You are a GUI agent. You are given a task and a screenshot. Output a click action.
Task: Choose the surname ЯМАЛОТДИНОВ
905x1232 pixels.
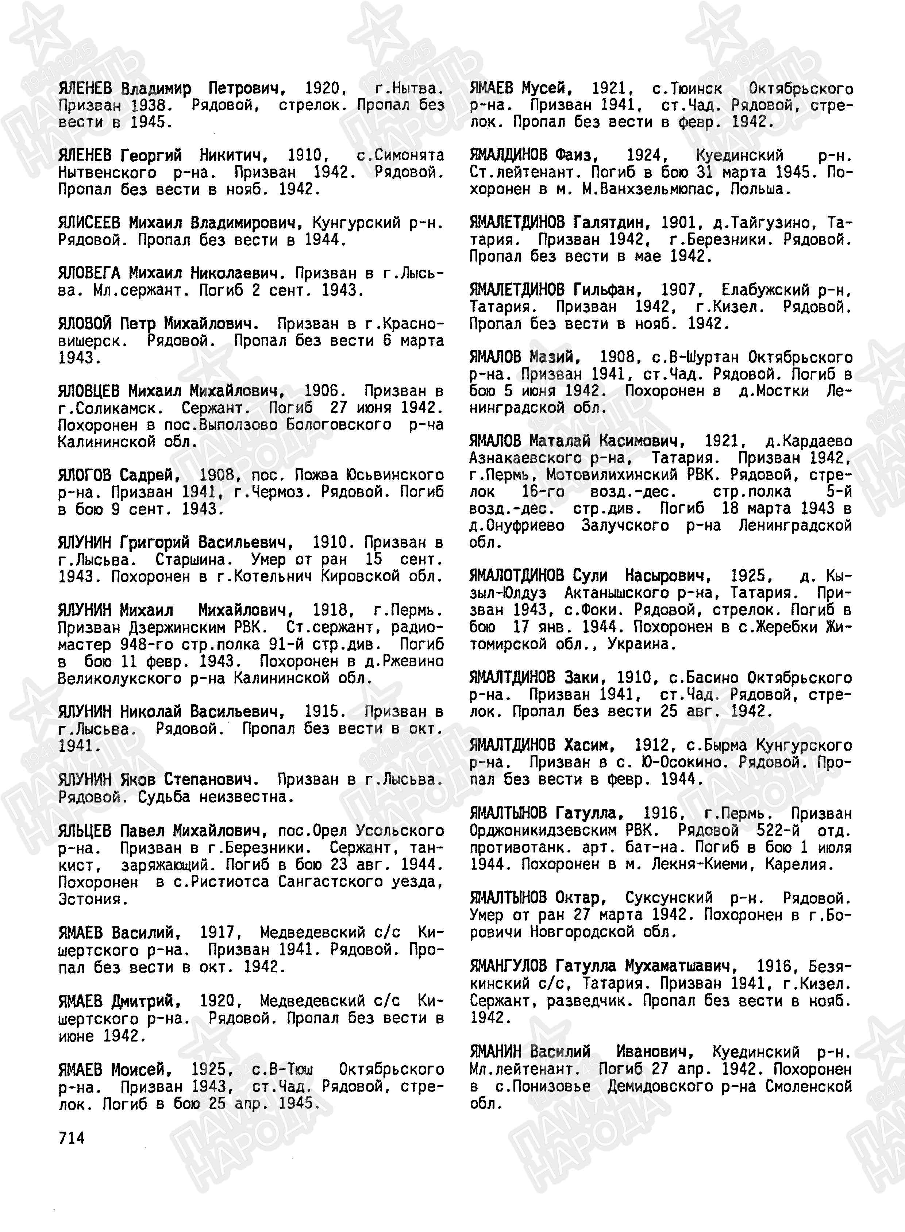click(x=516, y=576)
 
